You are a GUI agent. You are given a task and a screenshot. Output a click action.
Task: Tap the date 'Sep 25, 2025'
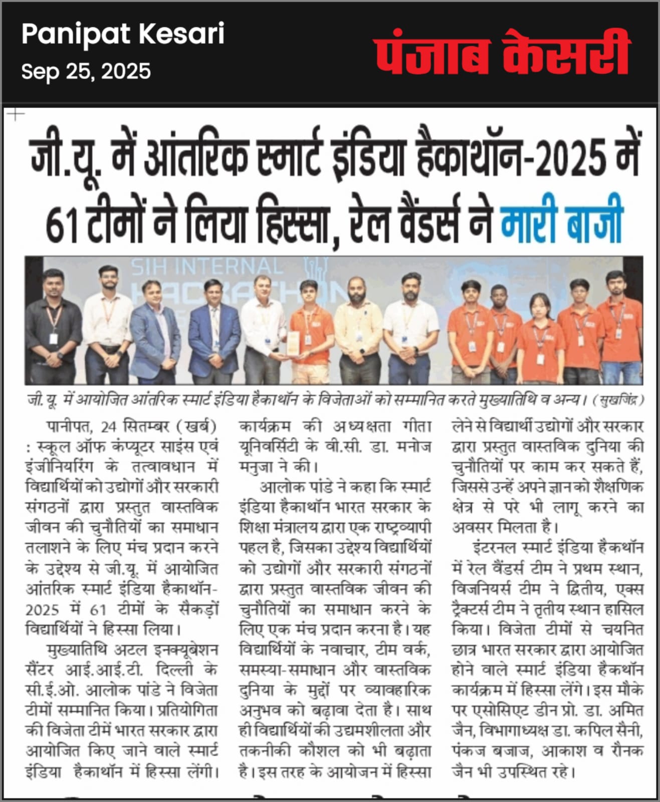pos(86,72)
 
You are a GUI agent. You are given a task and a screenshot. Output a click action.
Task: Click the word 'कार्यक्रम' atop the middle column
pos(265,427)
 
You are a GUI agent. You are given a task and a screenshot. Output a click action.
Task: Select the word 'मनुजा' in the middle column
pos(256,467)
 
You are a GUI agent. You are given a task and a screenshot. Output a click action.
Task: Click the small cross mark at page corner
pos(16,115)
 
